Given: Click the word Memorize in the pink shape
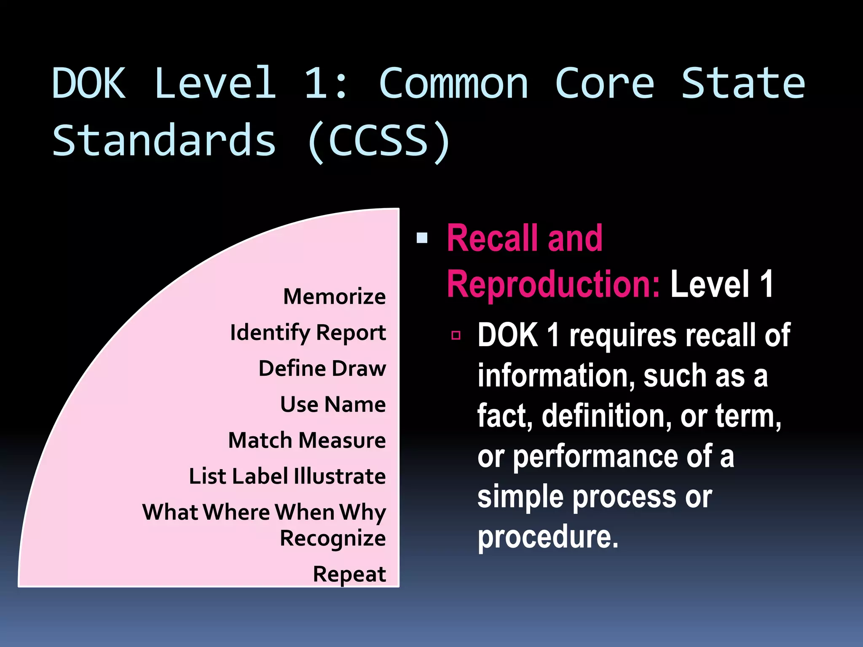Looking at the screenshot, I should [x=334, y=297].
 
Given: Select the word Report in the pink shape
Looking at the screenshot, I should [x=351, y=333].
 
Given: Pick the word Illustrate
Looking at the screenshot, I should [x=340, y=476].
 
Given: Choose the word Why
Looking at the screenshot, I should [x=363, y=513].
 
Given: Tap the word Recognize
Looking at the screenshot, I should [x=333, y=539].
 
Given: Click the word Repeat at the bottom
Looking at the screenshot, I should [x=349, y=574].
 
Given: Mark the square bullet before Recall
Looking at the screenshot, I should [x=422, y=238].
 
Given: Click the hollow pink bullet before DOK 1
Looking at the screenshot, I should [x=456, y=335].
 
